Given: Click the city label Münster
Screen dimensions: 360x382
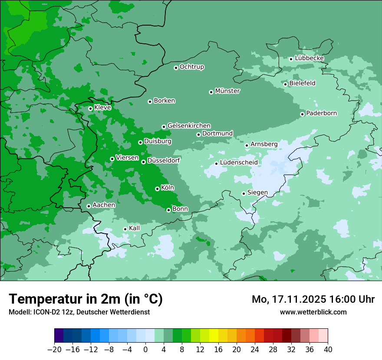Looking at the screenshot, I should [227, 91].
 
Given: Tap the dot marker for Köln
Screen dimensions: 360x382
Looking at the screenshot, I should [157, 189].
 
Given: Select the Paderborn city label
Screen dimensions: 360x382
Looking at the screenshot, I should [321, 113].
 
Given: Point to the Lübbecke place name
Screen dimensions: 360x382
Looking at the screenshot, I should [309, 58].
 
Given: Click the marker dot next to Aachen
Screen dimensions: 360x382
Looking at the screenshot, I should [89, 206].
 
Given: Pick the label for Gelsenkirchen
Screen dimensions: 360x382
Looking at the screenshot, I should [189, 126].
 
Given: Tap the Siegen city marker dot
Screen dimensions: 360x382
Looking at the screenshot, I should [244, 193].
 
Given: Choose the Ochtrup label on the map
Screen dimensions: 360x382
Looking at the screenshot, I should [191, 67].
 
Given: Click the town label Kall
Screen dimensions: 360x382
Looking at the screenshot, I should [134, 228].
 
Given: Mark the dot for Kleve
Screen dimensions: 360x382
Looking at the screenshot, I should [90, 108].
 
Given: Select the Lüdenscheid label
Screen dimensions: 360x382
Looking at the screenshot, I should [239, 163].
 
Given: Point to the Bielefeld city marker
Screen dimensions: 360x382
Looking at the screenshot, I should [285, 84].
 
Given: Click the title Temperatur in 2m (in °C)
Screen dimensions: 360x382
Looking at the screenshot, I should [86, 299].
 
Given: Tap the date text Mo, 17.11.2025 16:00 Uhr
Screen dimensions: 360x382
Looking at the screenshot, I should [313, 299].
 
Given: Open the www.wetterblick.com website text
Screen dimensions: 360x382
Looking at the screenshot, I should [313, 312].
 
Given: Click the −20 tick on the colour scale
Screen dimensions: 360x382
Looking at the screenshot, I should [55, 350].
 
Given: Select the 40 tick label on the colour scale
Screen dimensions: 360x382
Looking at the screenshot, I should [328, 350].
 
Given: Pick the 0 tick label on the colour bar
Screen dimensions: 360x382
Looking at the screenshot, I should [145, 350].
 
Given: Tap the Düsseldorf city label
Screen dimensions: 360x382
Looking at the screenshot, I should [164, 160].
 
